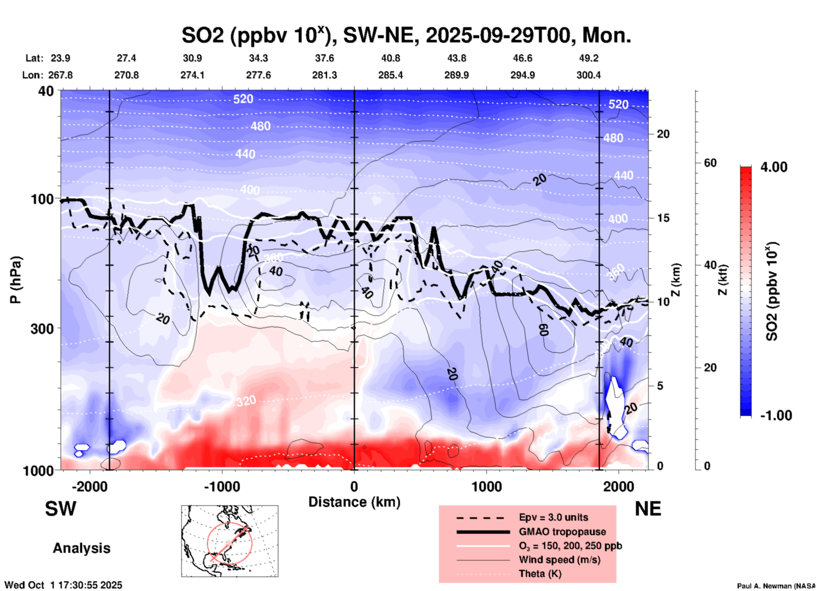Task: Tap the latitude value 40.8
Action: [390, 58]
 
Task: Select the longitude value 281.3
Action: [325, 75]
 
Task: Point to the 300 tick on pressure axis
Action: [42, 328]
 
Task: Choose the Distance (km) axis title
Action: [354, 502]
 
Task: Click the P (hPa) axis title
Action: [16, 279]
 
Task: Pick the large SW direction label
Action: [61, 509]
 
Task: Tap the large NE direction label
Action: [648, 509]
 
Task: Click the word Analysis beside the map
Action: [81, 548]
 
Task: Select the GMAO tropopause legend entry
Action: [562, 532]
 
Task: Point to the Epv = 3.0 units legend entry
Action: [553, 517]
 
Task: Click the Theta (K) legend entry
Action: [540, 574]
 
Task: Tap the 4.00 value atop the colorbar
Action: [774, 167]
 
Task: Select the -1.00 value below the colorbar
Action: [776, 415]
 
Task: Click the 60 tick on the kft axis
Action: [710, 163]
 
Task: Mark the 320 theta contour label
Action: [246, 401]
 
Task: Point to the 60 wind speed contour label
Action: [544, 329]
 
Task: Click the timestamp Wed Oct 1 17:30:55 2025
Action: [63, 585]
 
